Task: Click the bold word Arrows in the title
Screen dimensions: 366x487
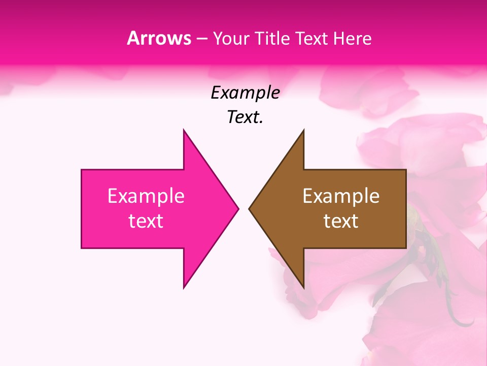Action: tap(159, 38)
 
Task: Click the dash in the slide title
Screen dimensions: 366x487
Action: tap(201, 39)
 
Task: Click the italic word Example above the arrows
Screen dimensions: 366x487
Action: tap(245, 93)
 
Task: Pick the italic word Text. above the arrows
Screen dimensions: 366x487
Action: tap(245, 117)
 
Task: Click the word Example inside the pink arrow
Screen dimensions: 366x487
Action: tap(146, 196)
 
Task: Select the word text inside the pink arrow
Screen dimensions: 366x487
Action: tap(146, 221)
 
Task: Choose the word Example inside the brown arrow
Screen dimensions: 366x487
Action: tap(341, 196)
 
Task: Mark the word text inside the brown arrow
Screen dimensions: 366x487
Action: tap(341, 221)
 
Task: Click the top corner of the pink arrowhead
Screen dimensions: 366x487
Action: tap(184, 131)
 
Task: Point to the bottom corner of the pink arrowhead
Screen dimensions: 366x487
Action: tap(184, 287)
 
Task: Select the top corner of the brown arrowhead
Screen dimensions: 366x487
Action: tap(303, 131)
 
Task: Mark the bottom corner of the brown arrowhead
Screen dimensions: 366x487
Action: tap(303, 287)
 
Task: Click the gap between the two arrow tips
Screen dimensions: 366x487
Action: tap(243, 208)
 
